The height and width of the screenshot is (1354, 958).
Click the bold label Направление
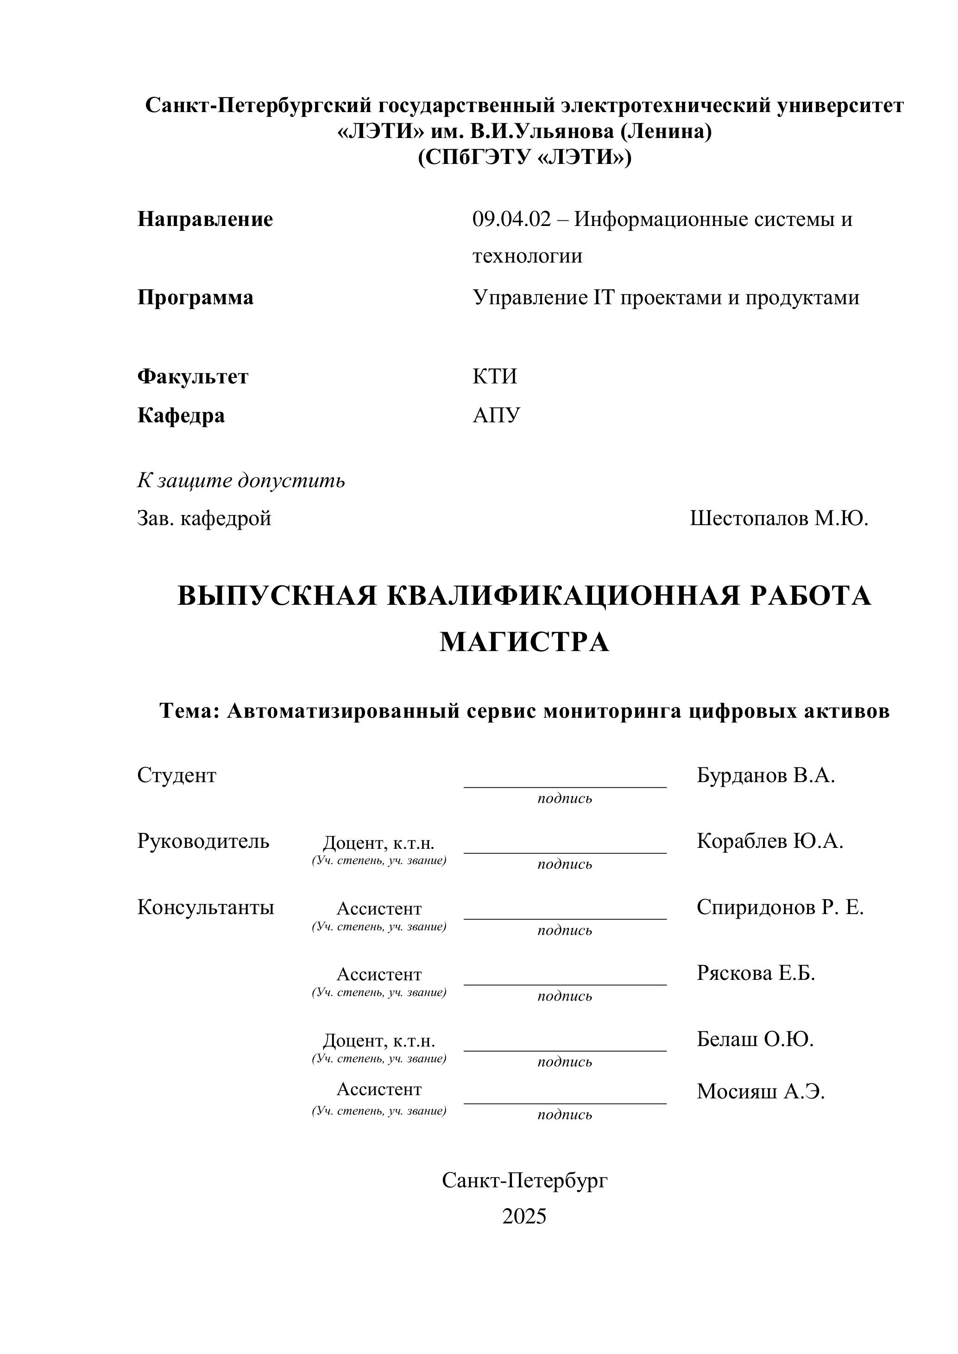(x=205, y=219)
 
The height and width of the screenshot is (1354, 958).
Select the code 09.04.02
(x=511, y=219)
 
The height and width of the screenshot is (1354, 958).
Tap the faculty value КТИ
(x=494, y=376)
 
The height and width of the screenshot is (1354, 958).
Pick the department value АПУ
(x=496, y=415)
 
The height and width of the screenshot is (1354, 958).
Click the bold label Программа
(x=195, y=297)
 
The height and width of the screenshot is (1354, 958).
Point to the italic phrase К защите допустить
(x=241, y=481)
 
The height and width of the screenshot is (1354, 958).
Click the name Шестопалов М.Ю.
(x=779, y=518)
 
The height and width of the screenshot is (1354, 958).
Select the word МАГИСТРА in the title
(x=524, y=642)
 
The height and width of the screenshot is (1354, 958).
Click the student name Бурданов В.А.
(x=766, y=776)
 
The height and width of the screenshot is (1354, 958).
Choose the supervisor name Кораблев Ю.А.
(x=770, y=841)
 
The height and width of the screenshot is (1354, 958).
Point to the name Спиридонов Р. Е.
(x=780, y=907)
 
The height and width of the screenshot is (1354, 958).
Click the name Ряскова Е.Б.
(x=756, y=972)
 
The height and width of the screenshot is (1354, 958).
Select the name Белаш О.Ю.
(x=755, y=1039)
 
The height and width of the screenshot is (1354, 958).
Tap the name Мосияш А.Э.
(x=760, y=1091)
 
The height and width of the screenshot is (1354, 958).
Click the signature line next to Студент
(x=565, y=786)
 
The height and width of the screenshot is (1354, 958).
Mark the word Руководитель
(x=203, y=841)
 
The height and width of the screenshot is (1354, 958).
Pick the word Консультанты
(x=205, y=907)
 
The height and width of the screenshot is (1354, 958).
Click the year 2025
(x=524, y=1216)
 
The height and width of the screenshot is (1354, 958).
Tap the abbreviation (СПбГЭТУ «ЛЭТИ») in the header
(x=524, y=157)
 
